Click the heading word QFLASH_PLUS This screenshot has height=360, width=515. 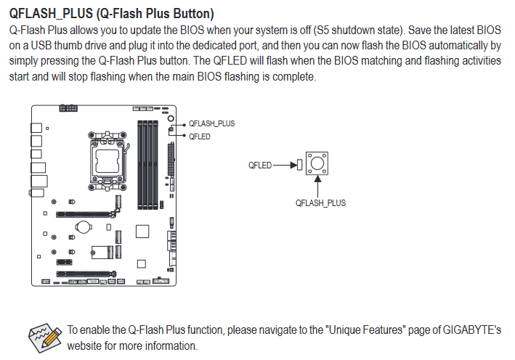[x=52, y=14]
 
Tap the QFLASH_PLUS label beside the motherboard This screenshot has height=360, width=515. [x=212, y=123]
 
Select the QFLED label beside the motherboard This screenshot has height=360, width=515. [x=199, y=136]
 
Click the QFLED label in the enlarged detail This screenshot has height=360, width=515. [x=260, y=165]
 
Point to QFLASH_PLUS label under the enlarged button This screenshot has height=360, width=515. [x=320, y=203]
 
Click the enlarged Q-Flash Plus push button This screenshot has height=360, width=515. [x=317, y=163]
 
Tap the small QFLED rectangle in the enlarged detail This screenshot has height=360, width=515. [x=299, y=165]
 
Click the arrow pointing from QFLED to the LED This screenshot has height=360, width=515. [x=285, y=165]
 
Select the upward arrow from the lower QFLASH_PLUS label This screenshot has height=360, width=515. [x=317, y=187]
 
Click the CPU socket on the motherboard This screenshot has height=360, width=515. [x=108, y=161]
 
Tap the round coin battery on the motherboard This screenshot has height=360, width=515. [x=83, y=226]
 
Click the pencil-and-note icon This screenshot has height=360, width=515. [x=45, y=338]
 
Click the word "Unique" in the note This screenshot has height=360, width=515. [x=345, y=330]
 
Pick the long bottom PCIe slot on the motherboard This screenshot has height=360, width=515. [x=86, y=274]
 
